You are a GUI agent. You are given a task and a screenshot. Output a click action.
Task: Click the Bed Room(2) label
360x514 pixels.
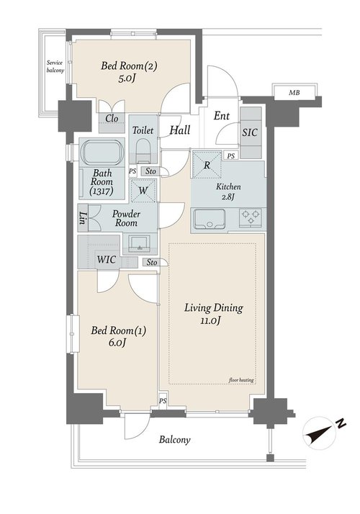coord(129,66)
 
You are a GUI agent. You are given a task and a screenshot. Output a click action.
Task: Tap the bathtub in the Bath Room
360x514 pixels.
coord(102,153)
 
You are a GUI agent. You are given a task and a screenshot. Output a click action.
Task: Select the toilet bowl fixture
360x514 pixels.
coord(143,150)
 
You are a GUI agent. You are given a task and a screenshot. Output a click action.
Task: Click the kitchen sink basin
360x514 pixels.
coord(210,219)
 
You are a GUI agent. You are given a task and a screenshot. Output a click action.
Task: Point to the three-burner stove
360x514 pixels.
coord(251,217)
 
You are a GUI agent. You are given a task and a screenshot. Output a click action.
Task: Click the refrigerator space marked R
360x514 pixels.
coord(207,165)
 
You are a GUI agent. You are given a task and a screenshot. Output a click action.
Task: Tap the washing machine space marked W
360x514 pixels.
coord(143,190)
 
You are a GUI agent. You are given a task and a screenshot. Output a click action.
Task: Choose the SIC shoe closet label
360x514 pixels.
coord(250,132)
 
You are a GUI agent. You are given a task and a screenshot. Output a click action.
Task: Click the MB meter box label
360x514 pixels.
coord(294,93)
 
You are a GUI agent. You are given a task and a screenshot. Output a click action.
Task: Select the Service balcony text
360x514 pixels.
coord(55,66)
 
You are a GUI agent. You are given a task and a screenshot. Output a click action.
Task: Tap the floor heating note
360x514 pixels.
coord(241,380)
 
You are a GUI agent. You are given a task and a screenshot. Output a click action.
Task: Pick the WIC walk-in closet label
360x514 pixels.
coord(107,260)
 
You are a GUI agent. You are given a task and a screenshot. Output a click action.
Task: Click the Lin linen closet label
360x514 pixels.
coord(83,217)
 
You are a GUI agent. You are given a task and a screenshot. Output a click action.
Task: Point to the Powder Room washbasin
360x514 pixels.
coord(140,243)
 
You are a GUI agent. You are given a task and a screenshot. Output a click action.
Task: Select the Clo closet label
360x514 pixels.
coord(112,118)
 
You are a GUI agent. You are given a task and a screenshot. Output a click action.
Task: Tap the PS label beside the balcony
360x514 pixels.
coord(163,401)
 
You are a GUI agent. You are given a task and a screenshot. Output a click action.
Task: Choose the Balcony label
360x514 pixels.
coord(175,440)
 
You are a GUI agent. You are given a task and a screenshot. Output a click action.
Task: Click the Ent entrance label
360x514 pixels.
coord(222,116)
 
